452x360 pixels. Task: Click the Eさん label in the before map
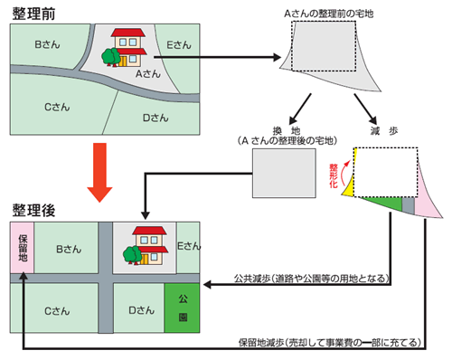pos(179,43)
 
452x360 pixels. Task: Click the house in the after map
pos(140,245)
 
